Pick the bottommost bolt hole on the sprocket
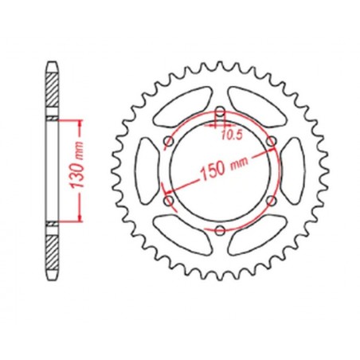pos(218,230)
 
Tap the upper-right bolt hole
pos(271,141)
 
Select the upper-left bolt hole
pos(166,141)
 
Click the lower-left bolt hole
pos(166,201)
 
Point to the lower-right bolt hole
pos(271,201)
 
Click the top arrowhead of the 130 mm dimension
pos(80,123)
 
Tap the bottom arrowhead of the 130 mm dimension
pos(80,218)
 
